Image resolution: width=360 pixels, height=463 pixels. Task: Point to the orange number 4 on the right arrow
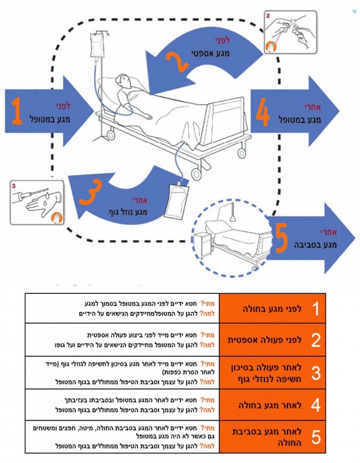coord(263,112)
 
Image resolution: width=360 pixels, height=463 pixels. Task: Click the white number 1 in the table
coord(315,309)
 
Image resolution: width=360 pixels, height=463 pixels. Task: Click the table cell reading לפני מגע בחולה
coord(263,309)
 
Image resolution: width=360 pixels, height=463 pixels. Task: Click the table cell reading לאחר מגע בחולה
coord(264,405)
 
